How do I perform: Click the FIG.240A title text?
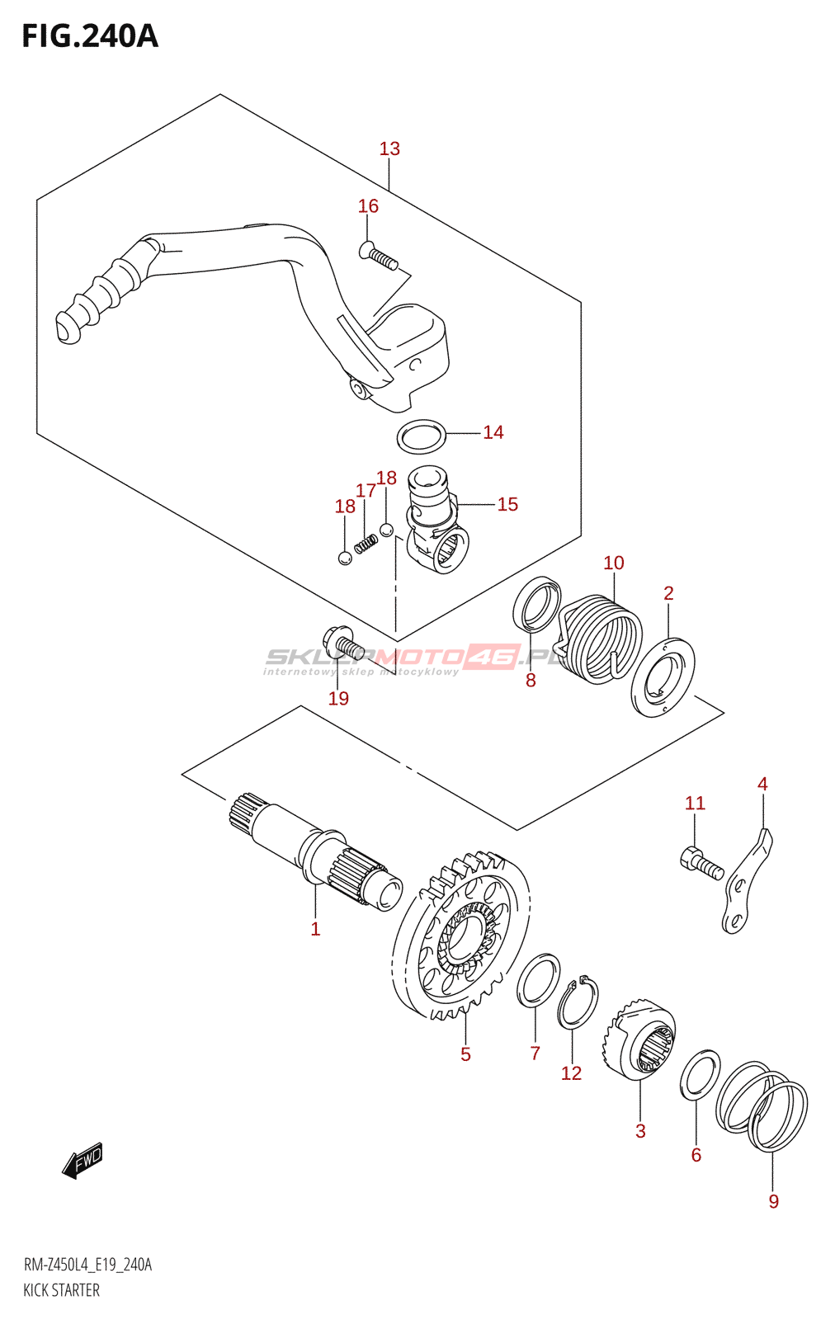click(x=89, y=36)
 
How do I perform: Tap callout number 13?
click(x=389, y=148)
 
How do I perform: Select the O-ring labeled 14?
click(x=422, y=436)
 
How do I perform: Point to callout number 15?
click(x=507, y=504)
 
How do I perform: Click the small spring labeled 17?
click(x=366, y=544)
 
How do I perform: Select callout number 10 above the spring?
click(x=613, y=563)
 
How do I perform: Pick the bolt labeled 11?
click(x=701, y=863)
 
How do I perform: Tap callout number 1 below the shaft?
click(x=315, y=929)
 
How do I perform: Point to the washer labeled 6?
click(x=700, y=1076)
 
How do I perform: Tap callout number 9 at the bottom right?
click(x=773, y=1201)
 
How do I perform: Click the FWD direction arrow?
click(x=83, y=1161)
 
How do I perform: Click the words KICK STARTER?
click(x=61, y=1290)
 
